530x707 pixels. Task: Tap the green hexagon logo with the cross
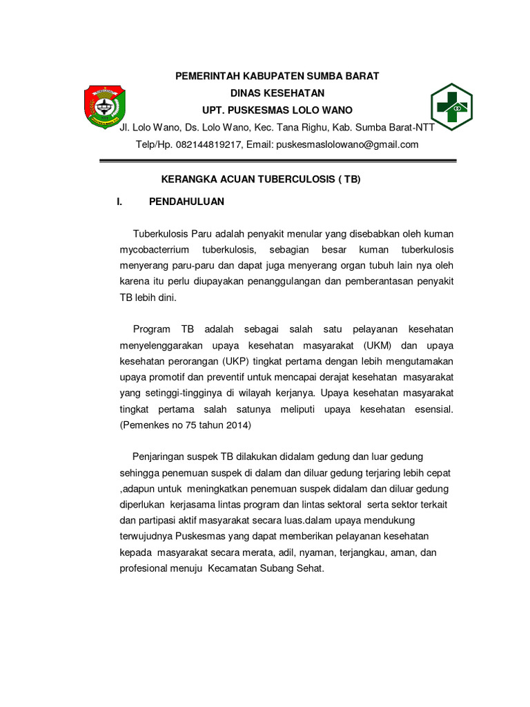(453, 108)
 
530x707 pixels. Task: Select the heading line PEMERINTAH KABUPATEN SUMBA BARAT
(276, 76)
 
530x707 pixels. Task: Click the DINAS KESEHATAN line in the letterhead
(277, 93)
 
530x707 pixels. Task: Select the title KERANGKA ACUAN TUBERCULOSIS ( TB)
(261, 179)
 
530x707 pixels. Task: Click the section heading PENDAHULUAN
(186, 202)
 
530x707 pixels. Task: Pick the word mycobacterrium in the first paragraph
(154, 249)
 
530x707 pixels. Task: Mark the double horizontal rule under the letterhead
(278, 162)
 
